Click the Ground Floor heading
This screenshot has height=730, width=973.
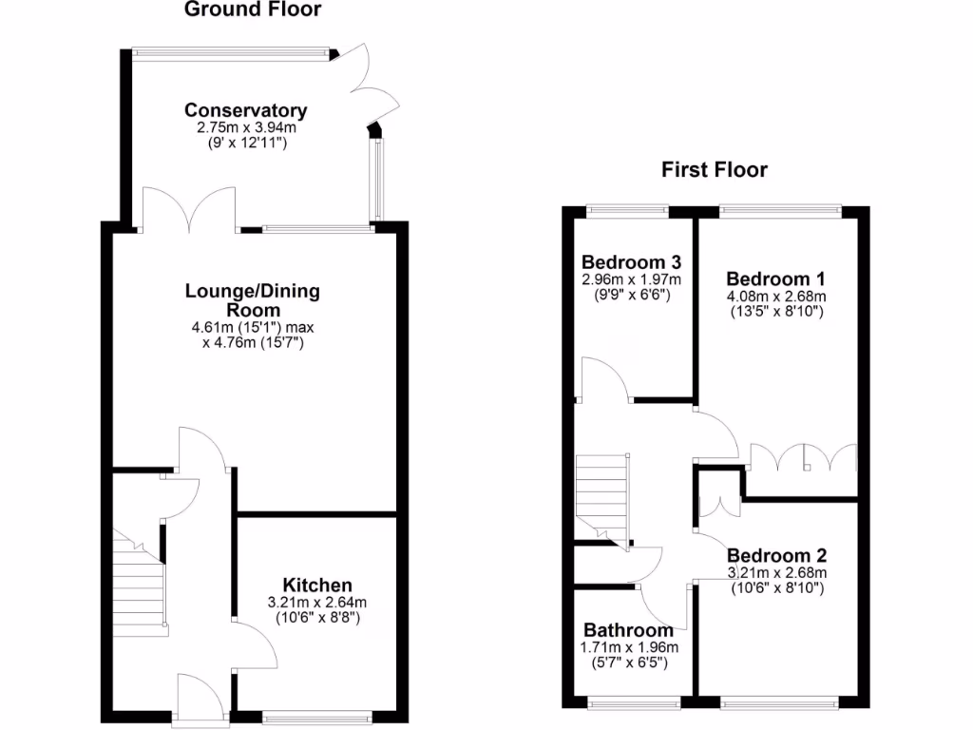(252, 10)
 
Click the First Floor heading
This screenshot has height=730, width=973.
(714, 170)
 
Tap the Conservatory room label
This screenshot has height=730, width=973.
(246, 110)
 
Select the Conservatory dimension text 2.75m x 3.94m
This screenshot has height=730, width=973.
(246, 126)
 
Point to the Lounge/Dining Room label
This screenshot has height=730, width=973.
(252, 300)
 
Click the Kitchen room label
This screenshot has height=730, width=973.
(317, 586)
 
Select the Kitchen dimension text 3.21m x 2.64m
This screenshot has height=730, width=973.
(317, 602)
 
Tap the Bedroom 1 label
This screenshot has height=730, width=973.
(775, 279)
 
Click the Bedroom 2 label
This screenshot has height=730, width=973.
(776, 556)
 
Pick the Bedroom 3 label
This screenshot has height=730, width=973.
(631, 262)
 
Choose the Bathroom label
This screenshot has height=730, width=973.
(628, 630)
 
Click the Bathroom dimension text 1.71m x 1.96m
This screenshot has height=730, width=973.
(628, 646)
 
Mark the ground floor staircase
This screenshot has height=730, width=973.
(140, 585)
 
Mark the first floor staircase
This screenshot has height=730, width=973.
(601, 496)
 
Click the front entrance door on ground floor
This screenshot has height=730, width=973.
(203, 699)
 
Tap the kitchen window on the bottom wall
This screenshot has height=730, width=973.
(317, 716)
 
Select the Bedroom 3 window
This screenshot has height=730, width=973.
(627, 209)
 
